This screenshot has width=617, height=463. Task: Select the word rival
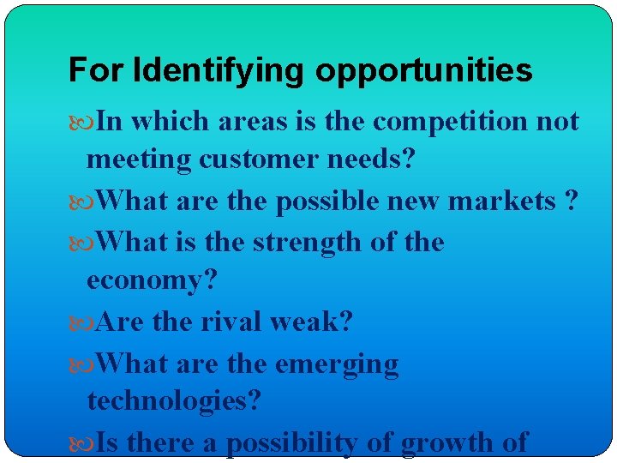coord(231,322)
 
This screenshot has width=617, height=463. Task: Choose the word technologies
coord(174,400)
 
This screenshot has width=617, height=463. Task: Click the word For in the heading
coord(88,70)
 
